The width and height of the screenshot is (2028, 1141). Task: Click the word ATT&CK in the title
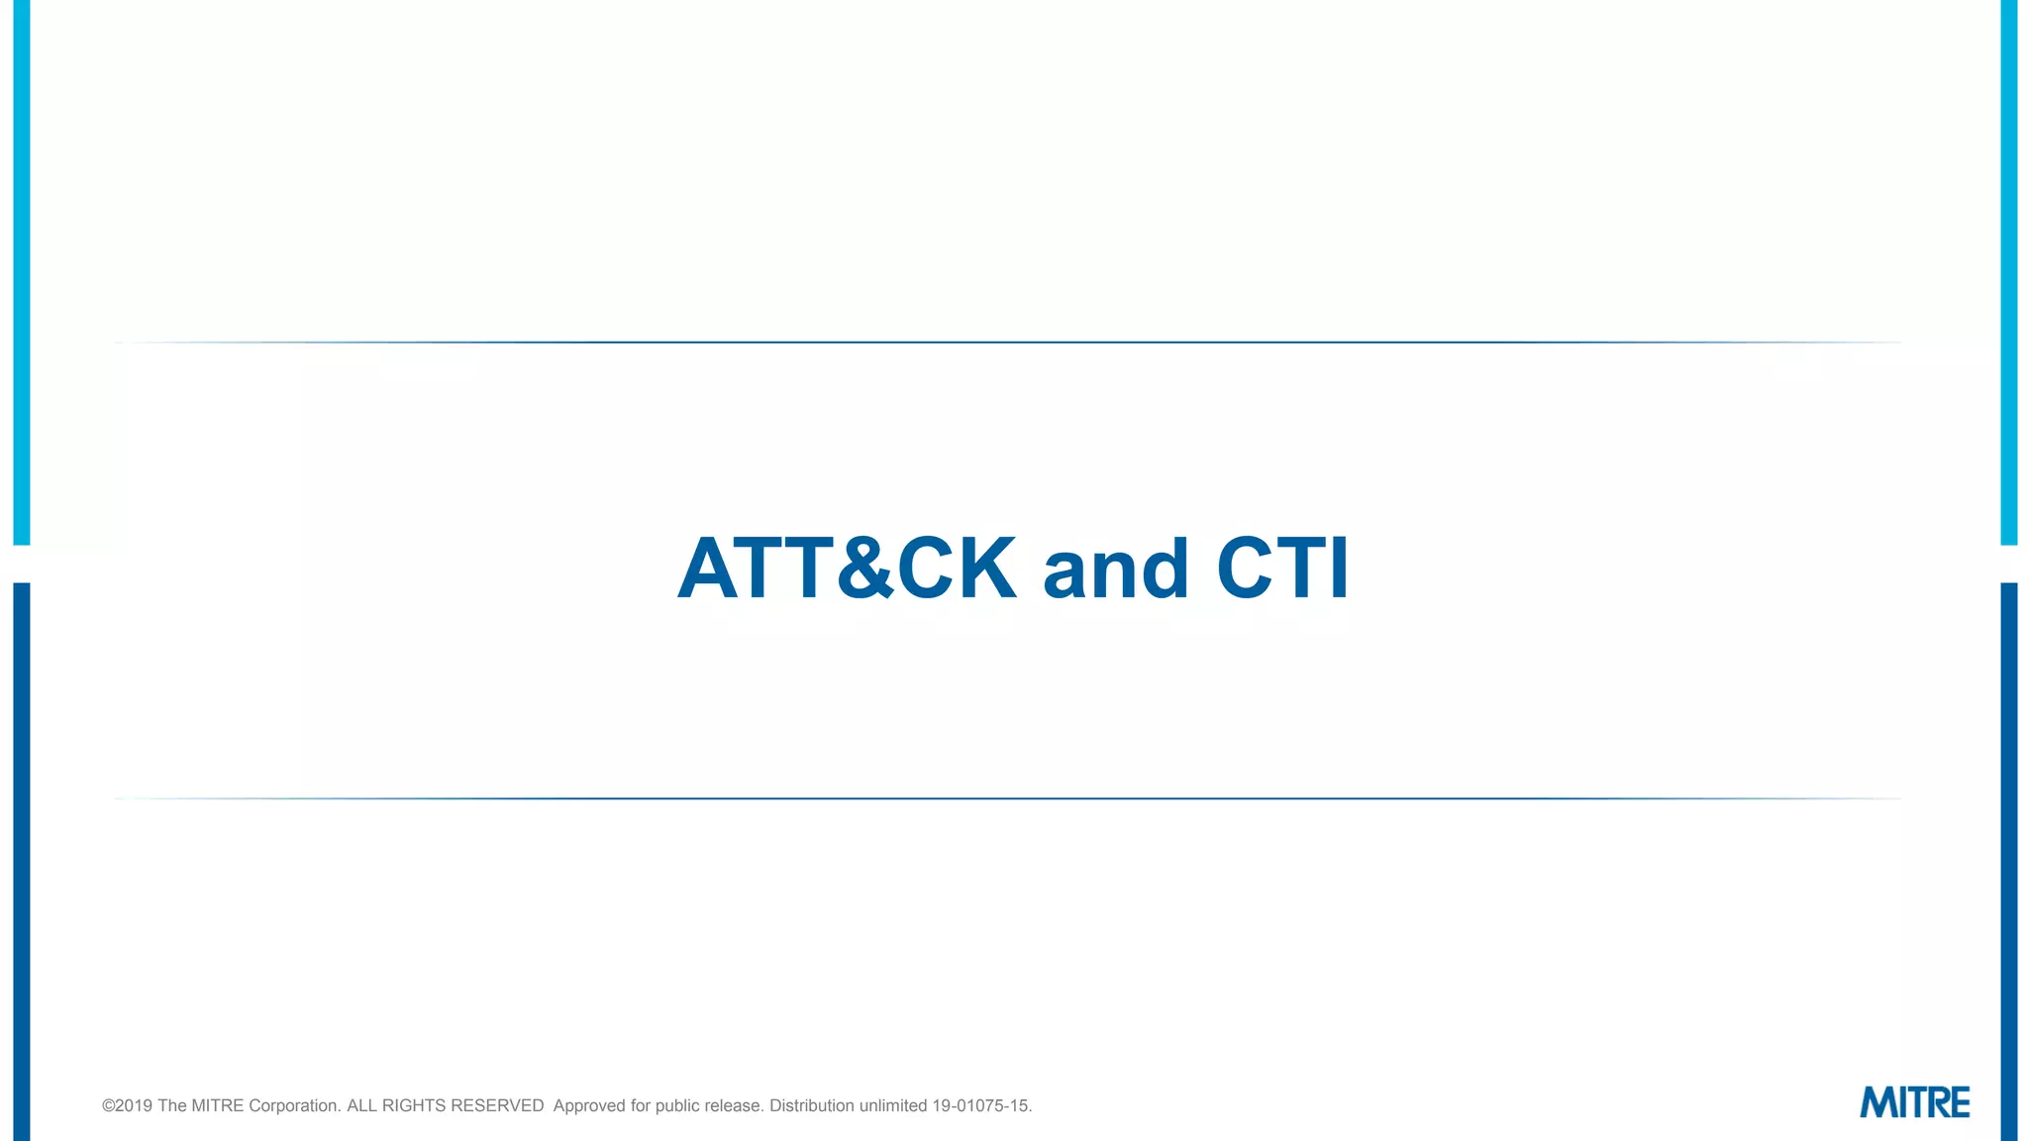pyautogui.click(x=847, y=569)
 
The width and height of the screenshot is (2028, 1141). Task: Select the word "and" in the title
pyautogui.click(x=1115, y=570)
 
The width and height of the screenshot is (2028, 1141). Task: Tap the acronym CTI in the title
pyautogui.click(x=1282, y=569)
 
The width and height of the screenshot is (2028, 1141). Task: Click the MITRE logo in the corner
pyautogui.click(x=1914, y=1102)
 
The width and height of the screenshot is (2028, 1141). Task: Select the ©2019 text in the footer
pyautogui.click(x=128, y=1105)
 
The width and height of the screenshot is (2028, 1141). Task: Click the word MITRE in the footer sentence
pyautogui.click(x=217, y=1105)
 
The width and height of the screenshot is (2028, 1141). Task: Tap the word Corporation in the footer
pyautogui.click(x=294, y=1105)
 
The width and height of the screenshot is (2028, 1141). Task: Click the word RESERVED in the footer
pyautogui.click(x=497, y=1105)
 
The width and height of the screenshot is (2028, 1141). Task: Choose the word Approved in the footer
pyautogui.click(x=589, y=1105)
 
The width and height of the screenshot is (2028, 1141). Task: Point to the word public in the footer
pyautogui.click(x=677, y=1105)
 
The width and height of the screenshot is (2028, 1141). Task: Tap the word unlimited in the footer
pyautogui.click(x=893, y=1105)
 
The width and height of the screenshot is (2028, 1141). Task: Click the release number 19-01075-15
pyautogui.click(x=980, y=1105)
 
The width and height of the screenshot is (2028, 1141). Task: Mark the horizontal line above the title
pyautogui.click(x=1008, y=343)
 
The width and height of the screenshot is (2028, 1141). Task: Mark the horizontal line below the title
pyautogui.click(x=1008, y=798)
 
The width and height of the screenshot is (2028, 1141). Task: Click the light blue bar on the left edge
pyautogui.click(x=21, y=272)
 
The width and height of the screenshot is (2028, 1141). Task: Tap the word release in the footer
pyautogui.click(x=734, y=1105)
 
